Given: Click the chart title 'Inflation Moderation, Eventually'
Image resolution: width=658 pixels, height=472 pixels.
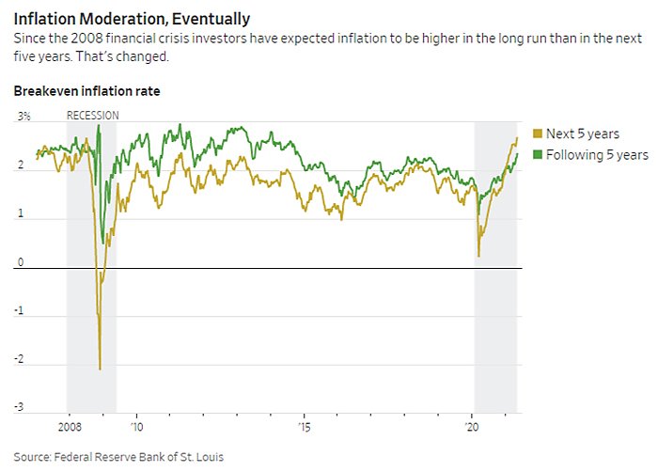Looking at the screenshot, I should [132, 18].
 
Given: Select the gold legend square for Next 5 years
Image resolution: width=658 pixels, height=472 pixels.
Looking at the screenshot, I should [537, 134].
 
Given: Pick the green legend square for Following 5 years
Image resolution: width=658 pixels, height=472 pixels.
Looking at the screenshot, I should [537, 153].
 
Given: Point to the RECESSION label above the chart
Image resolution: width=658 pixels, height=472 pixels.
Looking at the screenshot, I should [93, 116].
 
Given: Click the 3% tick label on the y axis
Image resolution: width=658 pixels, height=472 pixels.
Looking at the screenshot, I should [23, 116].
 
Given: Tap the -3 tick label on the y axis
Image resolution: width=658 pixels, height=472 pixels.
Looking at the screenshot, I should [21, 407].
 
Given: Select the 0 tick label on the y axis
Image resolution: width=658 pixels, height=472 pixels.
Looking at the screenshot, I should [21, 261].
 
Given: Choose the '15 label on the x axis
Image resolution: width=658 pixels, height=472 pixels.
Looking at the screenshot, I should [304, 426].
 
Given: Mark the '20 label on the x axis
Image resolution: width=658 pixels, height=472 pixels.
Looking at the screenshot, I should [473, 426].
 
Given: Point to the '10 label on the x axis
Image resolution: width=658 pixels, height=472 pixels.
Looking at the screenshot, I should [136, 426].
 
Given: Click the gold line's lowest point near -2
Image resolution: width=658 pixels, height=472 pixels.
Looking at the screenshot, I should [100, 370].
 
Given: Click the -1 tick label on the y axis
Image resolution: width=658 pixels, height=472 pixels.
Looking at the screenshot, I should [21, 310].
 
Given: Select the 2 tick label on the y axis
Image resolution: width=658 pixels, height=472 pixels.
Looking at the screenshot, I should [21, 165].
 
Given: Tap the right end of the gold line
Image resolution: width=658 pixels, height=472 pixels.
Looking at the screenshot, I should [517, 138].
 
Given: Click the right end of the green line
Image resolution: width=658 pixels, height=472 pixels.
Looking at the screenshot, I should [517, 153].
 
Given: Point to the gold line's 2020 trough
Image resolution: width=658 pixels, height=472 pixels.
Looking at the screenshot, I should [478, 256].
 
